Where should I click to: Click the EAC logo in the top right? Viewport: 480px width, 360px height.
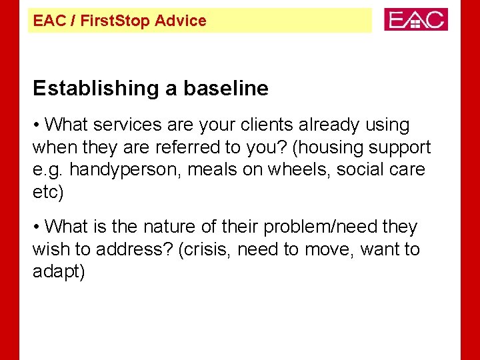(415, 19)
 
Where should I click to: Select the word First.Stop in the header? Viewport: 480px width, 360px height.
(117, 21)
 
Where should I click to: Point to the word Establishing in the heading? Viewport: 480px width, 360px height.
(91, 88)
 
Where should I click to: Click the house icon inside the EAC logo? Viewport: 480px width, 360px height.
(417, 21)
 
